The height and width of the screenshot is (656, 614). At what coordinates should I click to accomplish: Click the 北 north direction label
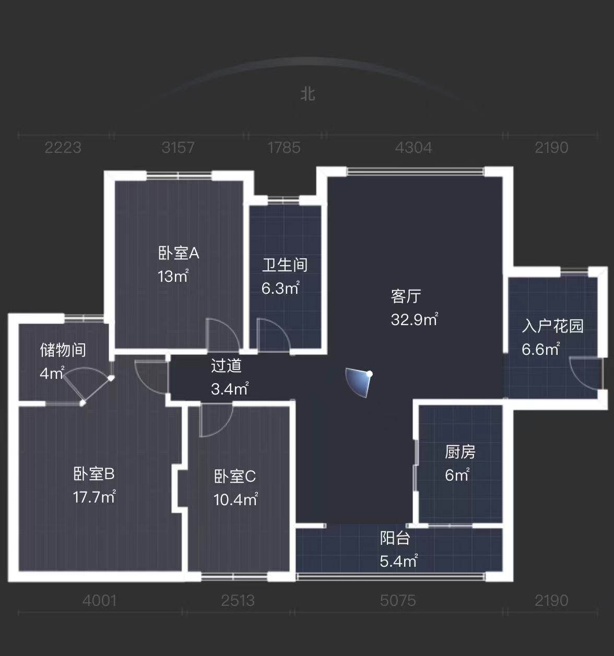[308, 94]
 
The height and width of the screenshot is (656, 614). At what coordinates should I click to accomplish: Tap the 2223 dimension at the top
[63, 148]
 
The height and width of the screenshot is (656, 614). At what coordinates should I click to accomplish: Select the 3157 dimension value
[178, 148]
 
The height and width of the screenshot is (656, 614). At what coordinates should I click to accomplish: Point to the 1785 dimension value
[284, 148]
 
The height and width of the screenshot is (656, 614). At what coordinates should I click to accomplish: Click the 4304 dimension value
[413, 148]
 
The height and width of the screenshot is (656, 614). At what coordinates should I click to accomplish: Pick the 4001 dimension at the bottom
[99, 601]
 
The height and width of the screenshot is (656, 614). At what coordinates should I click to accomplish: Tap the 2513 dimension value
[238, 601]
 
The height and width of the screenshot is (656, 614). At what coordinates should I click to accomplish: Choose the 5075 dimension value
[398, 601]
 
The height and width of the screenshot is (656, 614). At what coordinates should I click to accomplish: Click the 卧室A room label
[179, 253]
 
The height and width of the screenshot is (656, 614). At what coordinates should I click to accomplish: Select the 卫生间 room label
[285, 265]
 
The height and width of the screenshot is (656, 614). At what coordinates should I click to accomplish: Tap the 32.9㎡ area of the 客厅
[415, 319]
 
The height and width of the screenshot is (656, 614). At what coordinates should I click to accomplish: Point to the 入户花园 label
[552, 326]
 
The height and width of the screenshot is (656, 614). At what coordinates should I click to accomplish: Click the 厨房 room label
[460, 451]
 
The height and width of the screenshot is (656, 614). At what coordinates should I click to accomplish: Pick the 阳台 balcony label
[395, 538]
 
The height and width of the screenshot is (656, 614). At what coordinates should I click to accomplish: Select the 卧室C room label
[235, 476]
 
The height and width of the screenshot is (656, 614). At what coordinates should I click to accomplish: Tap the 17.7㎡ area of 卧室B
[94, 497]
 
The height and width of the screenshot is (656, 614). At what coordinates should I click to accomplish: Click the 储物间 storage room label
[63, 350]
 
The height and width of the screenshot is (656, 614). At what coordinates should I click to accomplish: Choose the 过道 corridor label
[226, 365]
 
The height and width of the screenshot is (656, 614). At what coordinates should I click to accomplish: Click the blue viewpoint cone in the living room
[360, 381]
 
